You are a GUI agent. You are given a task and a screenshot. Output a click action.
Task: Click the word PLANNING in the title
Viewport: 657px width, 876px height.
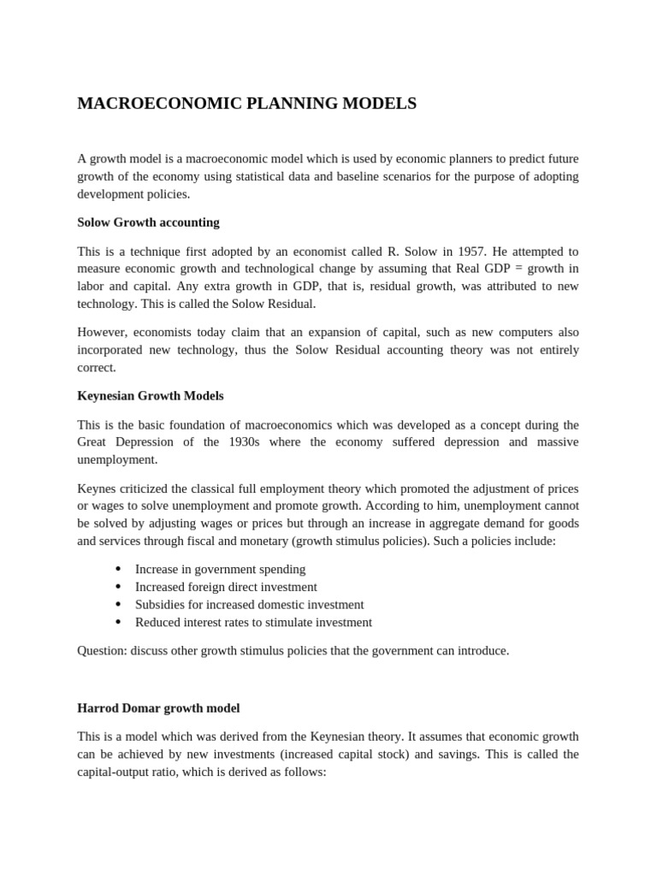(x=287, y=104)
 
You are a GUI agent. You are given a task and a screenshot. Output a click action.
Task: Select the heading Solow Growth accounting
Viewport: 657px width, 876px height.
(x=148, y=222)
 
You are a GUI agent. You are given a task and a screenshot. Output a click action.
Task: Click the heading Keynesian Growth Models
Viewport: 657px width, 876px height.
(x=150, y=396)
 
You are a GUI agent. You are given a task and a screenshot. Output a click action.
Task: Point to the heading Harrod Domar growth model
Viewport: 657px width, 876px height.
(x=158, y=708)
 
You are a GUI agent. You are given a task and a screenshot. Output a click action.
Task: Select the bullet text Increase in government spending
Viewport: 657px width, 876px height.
(x=220, y=569)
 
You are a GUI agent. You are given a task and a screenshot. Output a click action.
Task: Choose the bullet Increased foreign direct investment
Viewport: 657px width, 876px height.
(x=226, y=587)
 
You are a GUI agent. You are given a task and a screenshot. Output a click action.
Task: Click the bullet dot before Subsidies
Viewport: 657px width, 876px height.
(x=117, y=605)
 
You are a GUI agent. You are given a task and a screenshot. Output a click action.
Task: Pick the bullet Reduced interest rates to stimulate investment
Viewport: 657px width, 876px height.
(x=253, y=622)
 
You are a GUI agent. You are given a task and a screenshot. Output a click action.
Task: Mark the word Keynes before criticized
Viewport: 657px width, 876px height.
(x=97, y=488)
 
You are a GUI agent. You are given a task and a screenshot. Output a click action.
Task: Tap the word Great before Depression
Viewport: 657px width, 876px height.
(x=94, y=442)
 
